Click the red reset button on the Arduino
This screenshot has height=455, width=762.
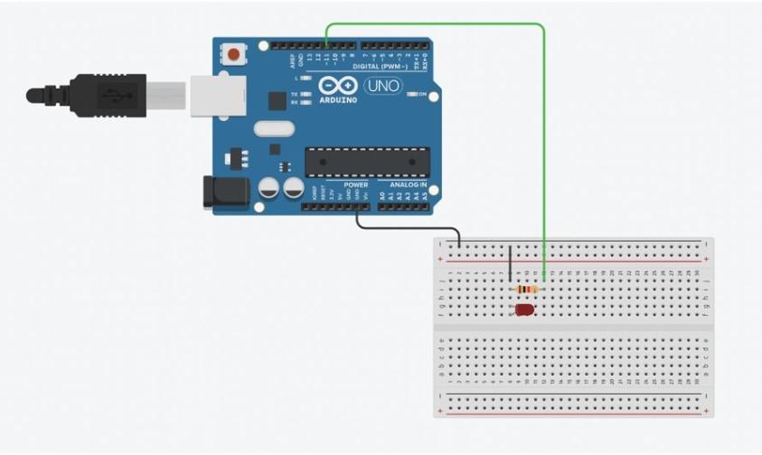point(234,54)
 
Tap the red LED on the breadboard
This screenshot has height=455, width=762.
point(523,310)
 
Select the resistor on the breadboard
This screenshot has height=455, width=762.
point(524,289)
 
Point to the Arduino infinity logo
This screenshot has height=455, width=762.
point(337,85)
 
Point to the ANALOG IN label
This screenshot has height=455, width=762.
point(409,184)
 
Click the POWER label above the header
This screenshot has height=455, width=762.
point(356,184)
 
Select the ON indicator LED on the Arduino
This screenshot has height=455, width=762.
point(412,94)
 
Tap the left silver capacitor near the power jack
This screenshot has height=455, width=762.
point(269,188)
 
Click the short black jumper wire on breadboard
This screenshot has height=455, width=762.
point(510,264)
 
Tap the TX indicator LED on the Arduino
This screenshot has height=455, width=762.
point(306,94)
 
